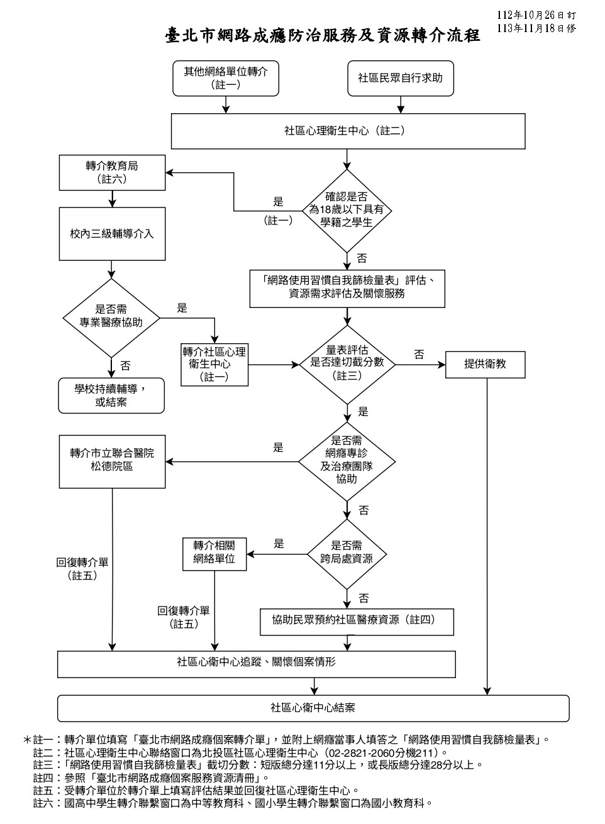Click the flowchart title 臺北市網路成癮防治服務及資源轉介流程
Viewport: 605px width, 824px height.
[x=323, y=35]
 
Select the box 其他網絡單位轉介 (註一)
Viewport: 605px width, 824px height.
[x=226, y=78]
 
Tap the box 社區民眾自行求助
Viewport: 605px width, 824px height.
[x=401, y=78]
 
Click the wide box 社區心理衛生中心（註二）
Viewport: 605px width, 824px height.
[x=348, y=131]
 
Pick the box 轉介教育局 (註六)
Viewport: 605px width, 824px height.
[x=112, y=172]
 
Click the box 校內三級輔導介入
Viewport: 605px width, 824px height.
[x=112, y=234]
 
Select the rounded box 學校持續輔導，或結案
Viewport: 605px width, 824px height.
[x=111, y=395]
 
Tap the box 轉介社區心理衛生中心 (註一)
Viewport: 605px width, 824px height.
[x=214, y=364]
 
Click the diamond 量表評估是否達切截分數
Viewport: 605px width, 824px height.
[x=347, y=363]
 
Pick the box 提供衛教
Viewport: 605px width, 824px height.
[x=485, y=363]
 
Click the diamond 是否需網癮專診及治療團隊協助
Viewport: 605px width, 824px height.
[x=347, y=461]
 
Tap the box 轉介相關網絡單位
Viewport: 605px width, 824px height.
[x=214, y=552]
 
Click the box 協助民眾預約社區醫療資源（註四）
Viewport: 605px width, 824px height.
[x=357, y=620]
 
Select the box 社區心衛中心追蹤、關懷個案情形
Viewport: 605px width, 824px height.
[x=256, y=663]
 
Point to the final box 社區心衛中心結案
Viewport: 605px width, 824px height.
[x=313, y=707]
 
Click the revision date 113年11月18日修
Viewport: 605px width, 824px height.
[x=536, y=28]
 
